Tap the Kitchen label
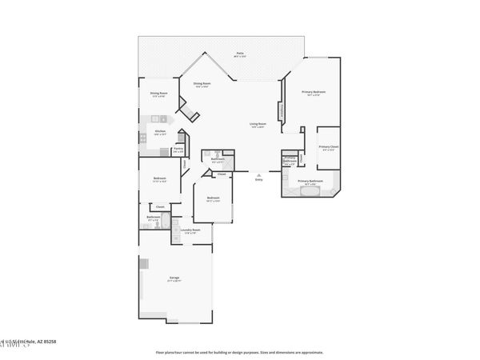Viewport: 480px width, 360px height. tap(159, 130)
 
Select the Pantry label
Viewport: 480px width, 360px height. tap(178, 148)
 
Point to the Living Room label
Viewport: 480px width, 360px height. tap(258, 123)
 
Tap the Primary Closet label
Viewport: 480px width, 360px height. tap(329, 146)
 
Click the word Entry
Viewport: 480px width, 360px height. tap(258, 179)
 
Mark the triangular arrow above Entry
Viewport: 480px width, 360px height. tap(258, 174)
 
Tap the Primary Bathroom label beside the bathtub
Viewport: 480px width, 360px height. tap(310, 181)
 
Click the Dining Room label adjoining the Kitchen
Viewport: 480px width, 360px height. tap(158, 93)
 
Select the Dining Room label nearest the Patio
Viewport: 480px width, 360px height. tap(202, 83)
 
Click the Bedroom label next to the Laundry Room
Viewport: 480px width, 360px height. tap(213, 198)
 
